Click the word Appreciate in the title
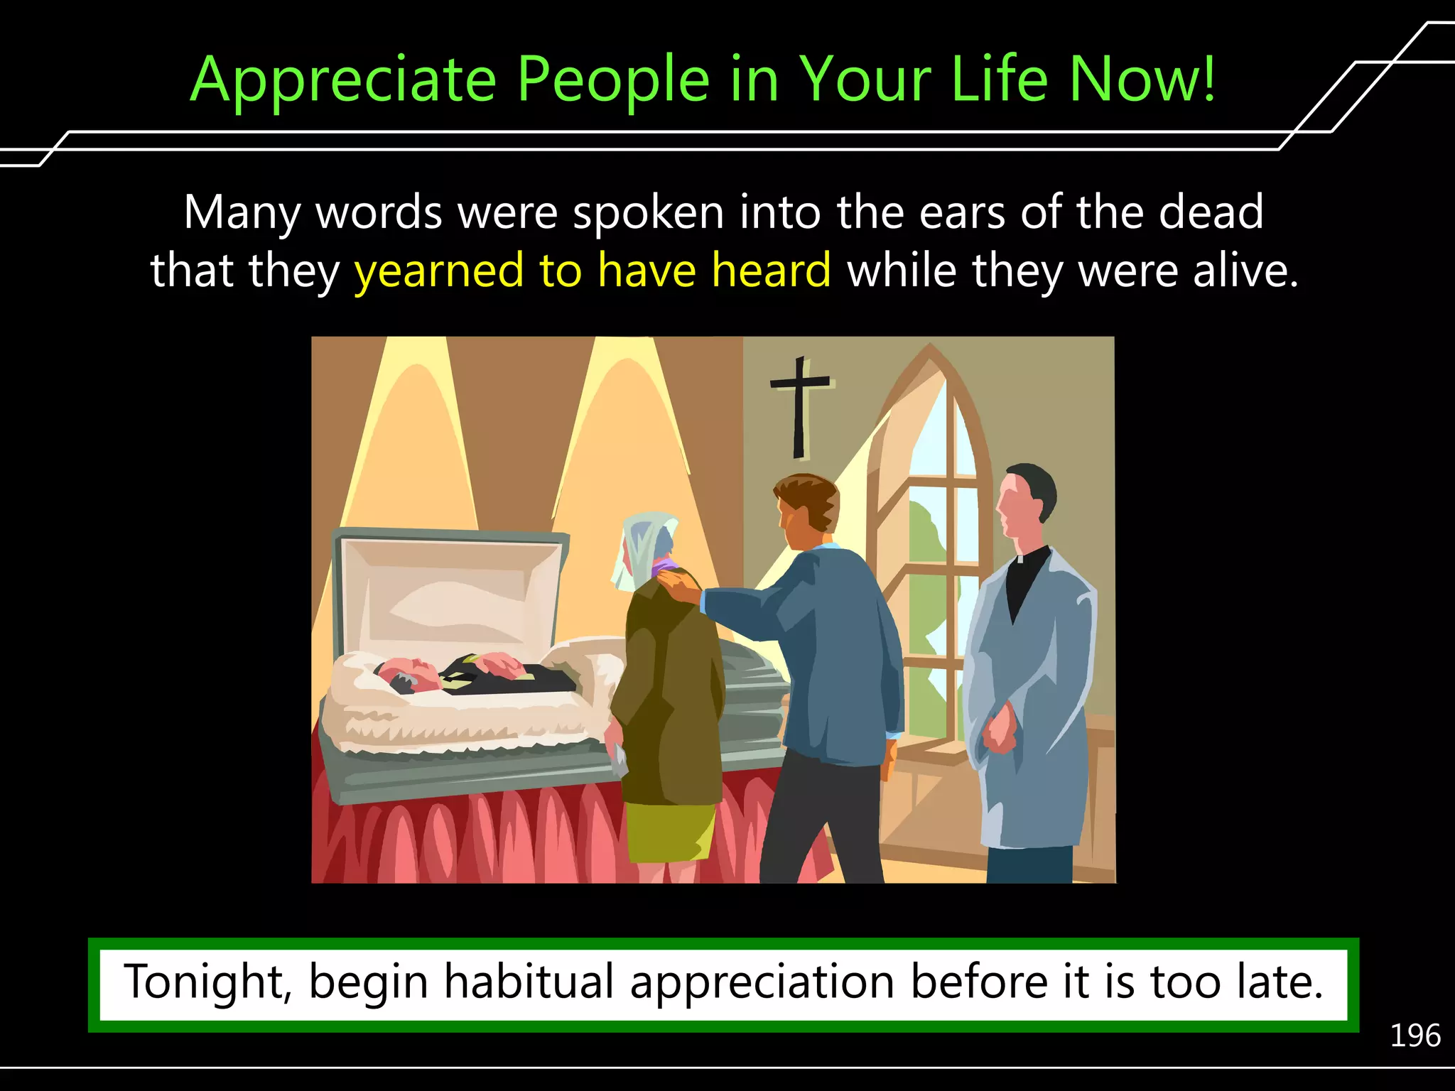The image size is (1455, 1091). pos(343,80)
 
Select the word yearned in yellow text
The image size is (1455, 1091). pos(438,271)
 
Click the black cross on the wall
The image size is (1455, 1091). pos(800,405)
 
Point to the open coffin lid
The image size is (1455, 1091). pos(448,590)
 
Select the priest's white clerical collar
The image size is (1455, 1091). pos(1020,558)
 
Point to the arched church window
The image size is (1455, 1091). pos(931,540)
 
